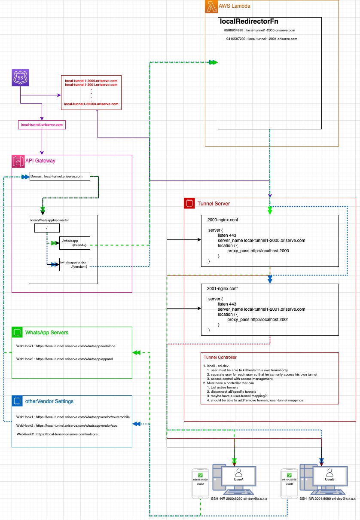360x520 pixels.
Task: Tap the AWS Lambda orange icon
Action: coord(211,6)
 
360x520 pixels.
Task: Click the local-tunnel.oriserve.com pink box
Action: coord(42,125)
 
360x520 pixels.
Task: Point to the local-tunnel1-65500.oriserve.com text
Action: coord(91,104)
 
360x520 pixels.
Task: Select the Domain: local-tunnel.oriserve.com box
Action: coord(60,176)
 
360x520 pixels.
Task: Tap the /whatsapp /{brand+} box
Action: coord(75,243)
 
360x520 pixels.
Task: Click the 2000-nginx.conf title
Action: coord(223,220)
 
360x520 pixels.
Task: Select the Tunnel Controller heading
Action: coord(220,357)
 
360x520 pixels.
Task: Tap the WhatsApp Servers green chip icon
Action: coord(17,332)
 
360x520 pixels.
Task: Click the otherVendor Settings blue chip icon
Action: coord(17,401)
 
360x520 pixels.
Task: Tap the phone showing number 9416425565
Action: coord(289,484)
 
